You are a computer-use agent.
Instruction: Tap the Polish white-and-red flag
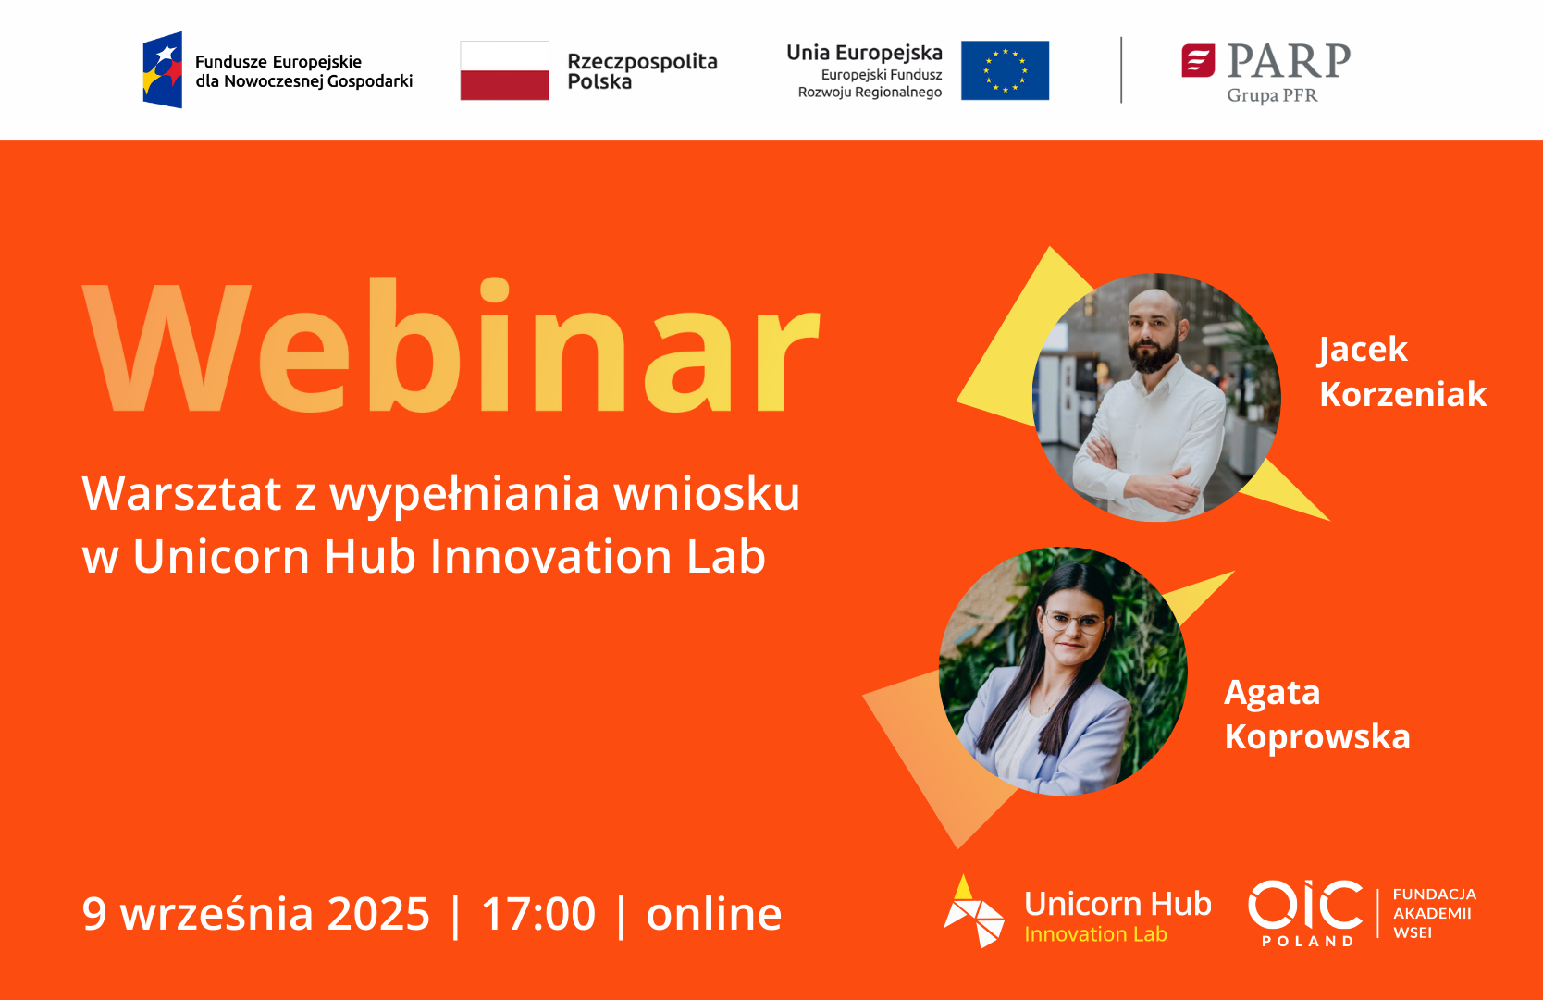click(x=504, y=70)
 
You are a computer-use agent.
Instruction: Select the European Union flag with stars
click(x=1005, y=70)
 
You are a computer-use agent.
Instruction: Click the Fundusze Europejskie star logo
click(x=163, y=69)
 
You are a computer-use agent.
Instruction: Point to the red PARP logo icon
click(x=1198, y=61)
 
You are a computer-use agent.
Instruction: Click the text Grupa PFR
click(x=1272, y=95)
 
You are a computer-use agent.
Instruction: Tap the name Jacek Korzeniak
click(x=1401, y=372)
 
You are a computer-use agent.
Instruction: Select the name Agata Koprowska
click(x=1316, y=714)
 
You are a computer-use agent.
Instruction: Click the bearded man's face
click(x=1154, y=332)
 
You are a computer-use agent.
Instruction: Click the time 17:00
click(x=538, y=914)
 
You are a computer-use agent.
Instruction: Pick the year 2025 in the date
click(x=378, y=914)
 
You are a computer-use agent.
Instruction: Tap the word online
click(x=713, y=913)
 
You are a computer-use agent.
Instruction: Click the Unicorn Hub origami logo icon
click(x=972, y=912)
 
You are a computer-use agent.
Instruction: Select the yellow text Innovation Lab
click(x=1095, y=934)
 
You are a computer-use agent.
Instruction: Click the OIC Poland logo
click(x=1305, y=913)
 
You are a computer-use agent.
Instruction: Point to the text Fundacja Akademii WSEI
click(x=1434, y=913)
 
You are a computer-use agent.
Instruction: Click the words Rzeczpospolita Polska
click(x=642, y=71)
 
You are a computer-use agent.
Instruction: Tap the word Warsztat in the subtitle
click(x=182, y=493)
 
